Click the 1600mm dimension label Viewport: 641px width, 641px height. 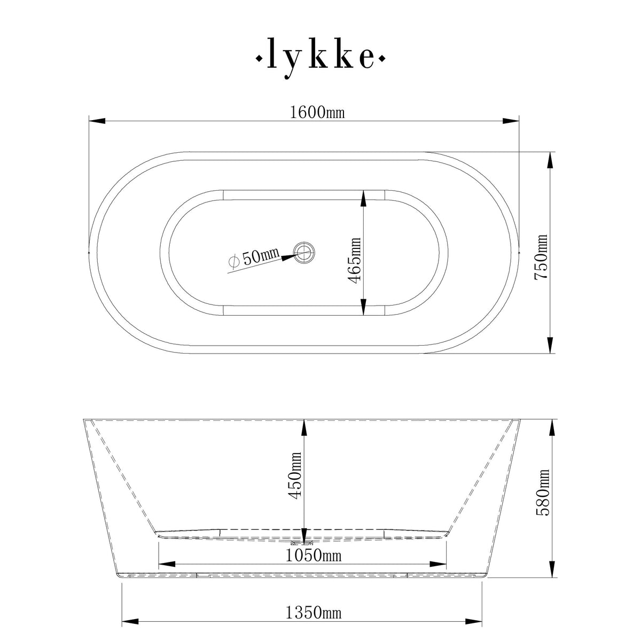[x=317, y=113]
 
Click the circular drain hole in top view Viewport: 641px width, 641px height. [x=305, y=252]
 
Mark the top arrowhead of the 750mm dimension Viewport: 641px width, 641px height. [x=550, y=160]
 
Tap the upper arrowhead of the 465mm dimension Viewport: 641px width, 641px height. [x=363, y=199]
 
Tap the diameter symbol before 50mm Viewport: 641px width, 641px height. [x=233, y=261]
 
